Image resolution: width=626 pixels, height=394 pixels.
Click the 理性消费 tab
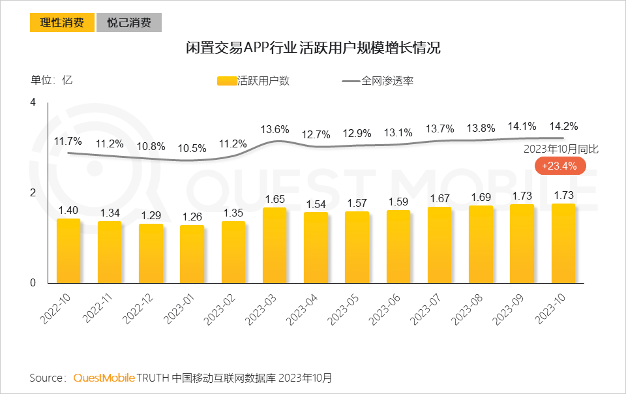coord(62,23)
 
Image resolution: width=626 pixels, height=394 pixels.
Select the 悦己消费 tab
coord(129,23)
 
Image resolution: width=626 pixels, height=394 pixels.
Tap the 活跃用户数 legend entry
coord(254,81)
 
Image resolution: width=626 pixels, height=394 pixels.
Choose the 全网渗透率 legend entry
coord(378,81)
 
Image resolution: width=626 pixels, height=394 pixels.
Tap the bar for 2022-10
coord(68,251)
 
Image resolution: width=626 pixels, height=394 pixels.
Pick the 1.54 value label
coord(316,204)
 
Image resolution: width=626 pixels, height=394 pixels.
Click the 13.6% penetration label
coord(275,129)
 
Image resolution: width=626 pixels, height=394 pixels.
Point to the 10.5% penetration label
coord(192,147)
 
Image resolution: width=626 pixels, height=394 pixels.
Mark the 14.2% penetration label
coord(563,126)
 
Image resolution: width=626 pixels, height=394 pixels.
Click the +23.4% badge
coord(559,166)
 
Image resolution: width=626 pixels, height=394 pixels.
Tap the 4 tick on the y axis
coord(33,102)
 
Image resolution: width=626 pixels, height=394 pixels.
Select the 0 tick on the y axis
coord(33,283)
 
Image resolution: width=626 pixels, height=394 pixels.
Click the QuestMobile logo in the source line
coord(104,378)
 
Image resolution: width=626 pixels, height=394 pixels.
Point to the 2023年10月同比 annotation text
coord(561,149)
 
